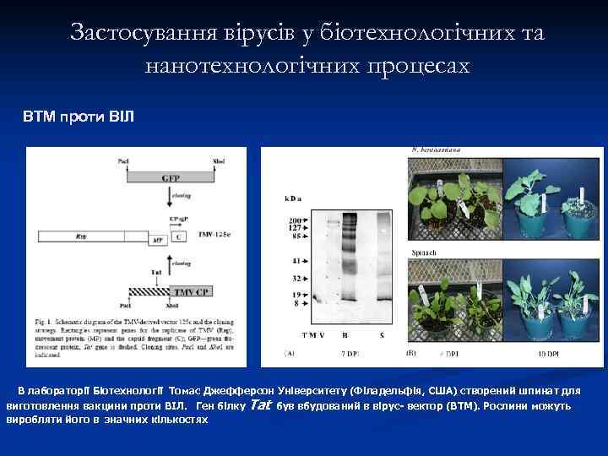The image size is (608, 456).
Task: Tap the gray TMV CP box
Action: (x=190, y=291)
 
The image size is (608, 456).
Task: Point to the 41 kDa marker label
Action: (x=296, y=259)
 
